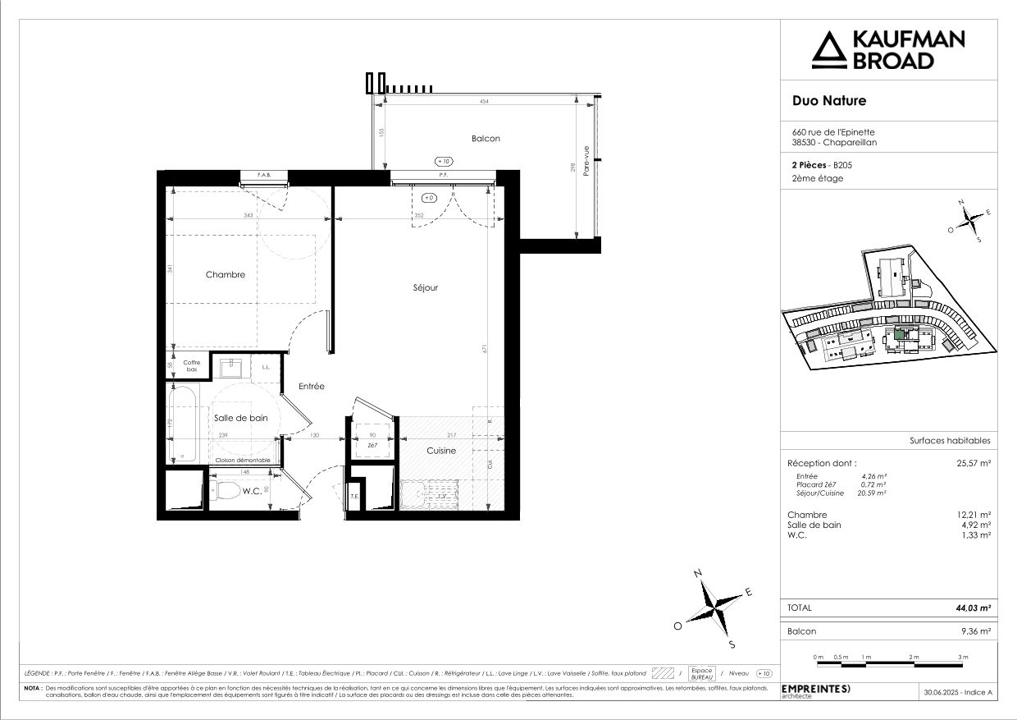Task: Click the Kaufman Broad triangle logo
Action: pyautogui.click(x=827, y=49)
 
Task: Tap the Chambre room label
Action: pyautogui.click(x=225, y=275)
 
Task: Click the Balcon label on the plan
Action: pyautogui.click(x=486, y=139)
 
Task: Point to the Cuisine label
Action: pyautogui.click(x=440, y=451)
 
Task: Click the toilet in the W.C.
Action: pyautogui.click(x=226, y=493)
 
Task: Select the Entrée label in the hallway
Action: pyautogui.click(x=312, y=386)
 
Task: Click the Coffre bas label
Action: pyautogui.click(x=191, y=366)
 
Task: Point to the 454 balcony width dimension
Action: pyautogui.click(x=484, y=101)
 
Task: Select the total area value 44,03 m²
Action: pyautogui.click(x=974, y=608)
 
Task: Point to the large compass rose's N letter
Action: pyautogui.click(x=697, y=573)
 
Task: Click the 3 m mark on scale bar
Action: pyautogui.click(x=963, y=658)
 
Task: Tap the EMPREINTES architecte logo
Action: pyautogui.click(x=816, y=690)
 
